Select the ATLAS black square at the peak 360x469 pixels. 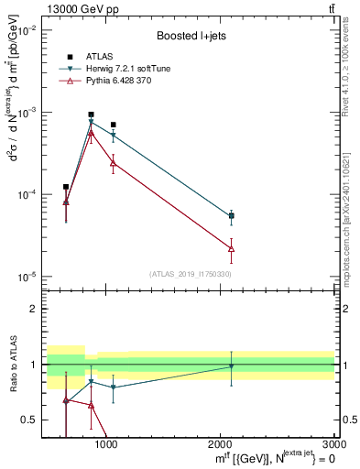(x=91, y=115)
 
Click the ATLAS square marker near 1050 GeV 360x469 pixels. (x=113, y=125)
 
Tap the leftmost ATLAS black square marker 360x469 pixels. (x=66, y=187)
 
